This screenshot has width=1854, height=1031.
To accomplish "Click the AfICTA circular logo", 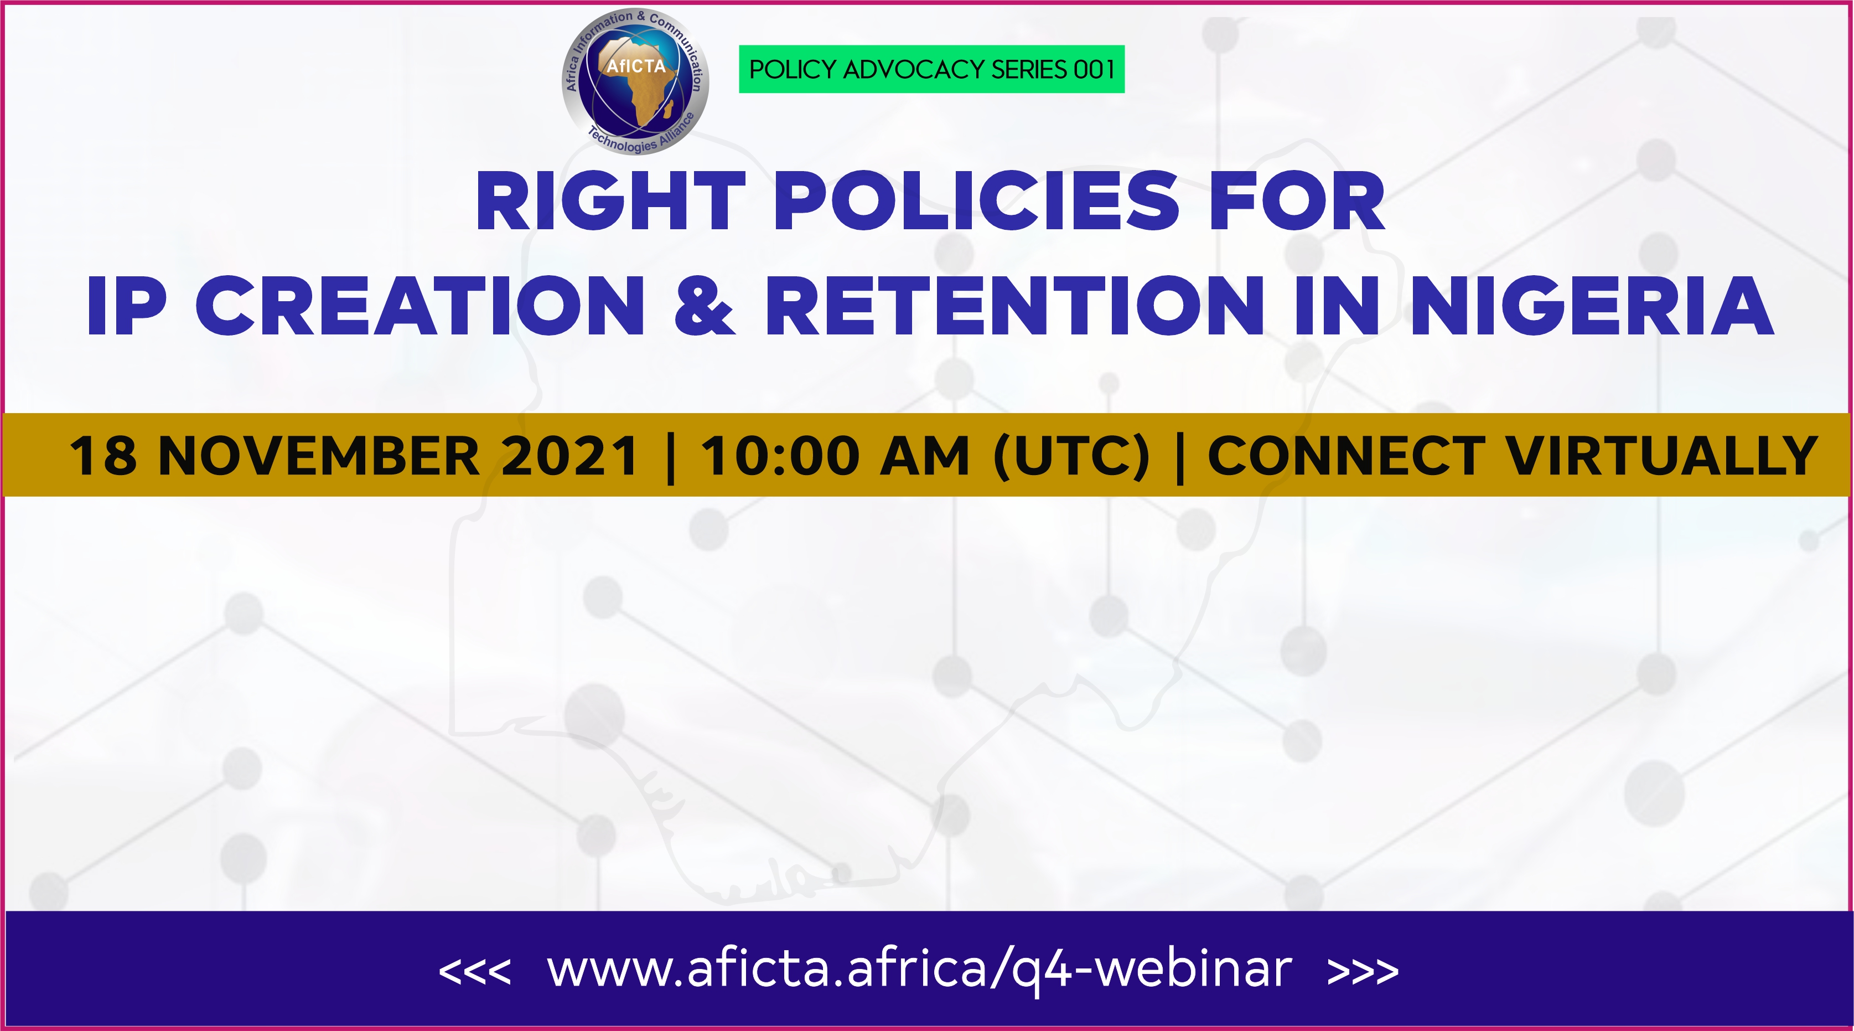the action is (635, 82).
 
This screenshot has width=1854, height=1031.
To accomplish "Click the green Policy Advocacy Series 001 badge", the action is (931, 69).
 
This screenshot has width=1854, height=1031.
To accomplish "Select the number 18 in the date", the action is (103, 456).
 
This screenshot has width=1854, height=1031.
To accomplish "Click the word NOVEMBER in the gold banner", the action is (319, 456).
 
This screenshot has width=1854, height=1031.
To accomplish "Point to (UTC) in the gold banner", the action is (1071, 456).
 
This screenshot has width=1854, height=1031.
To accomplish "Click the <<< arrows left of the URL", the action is (474, 972).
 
